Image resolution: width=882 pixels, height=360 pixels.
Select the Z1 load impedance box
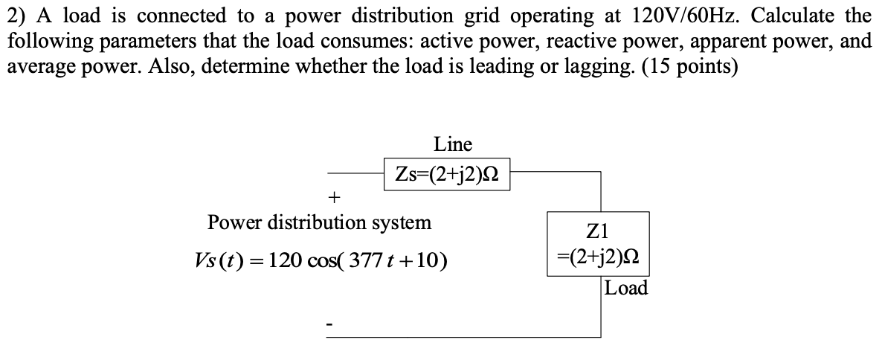coord(598,244)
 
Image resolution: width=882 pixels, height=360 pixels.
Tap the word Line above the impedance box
coord(453,144)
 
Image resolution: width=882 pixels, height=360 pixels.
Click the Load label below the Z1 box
coord(626,288)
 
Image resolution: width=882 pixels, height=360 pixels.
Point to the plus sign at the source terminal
coord(335,198)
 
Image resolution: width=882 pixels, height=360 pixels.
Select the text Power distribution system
coord(319,222)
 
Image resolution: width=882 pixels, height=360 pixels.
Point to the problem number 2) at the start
coord(17,15)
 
